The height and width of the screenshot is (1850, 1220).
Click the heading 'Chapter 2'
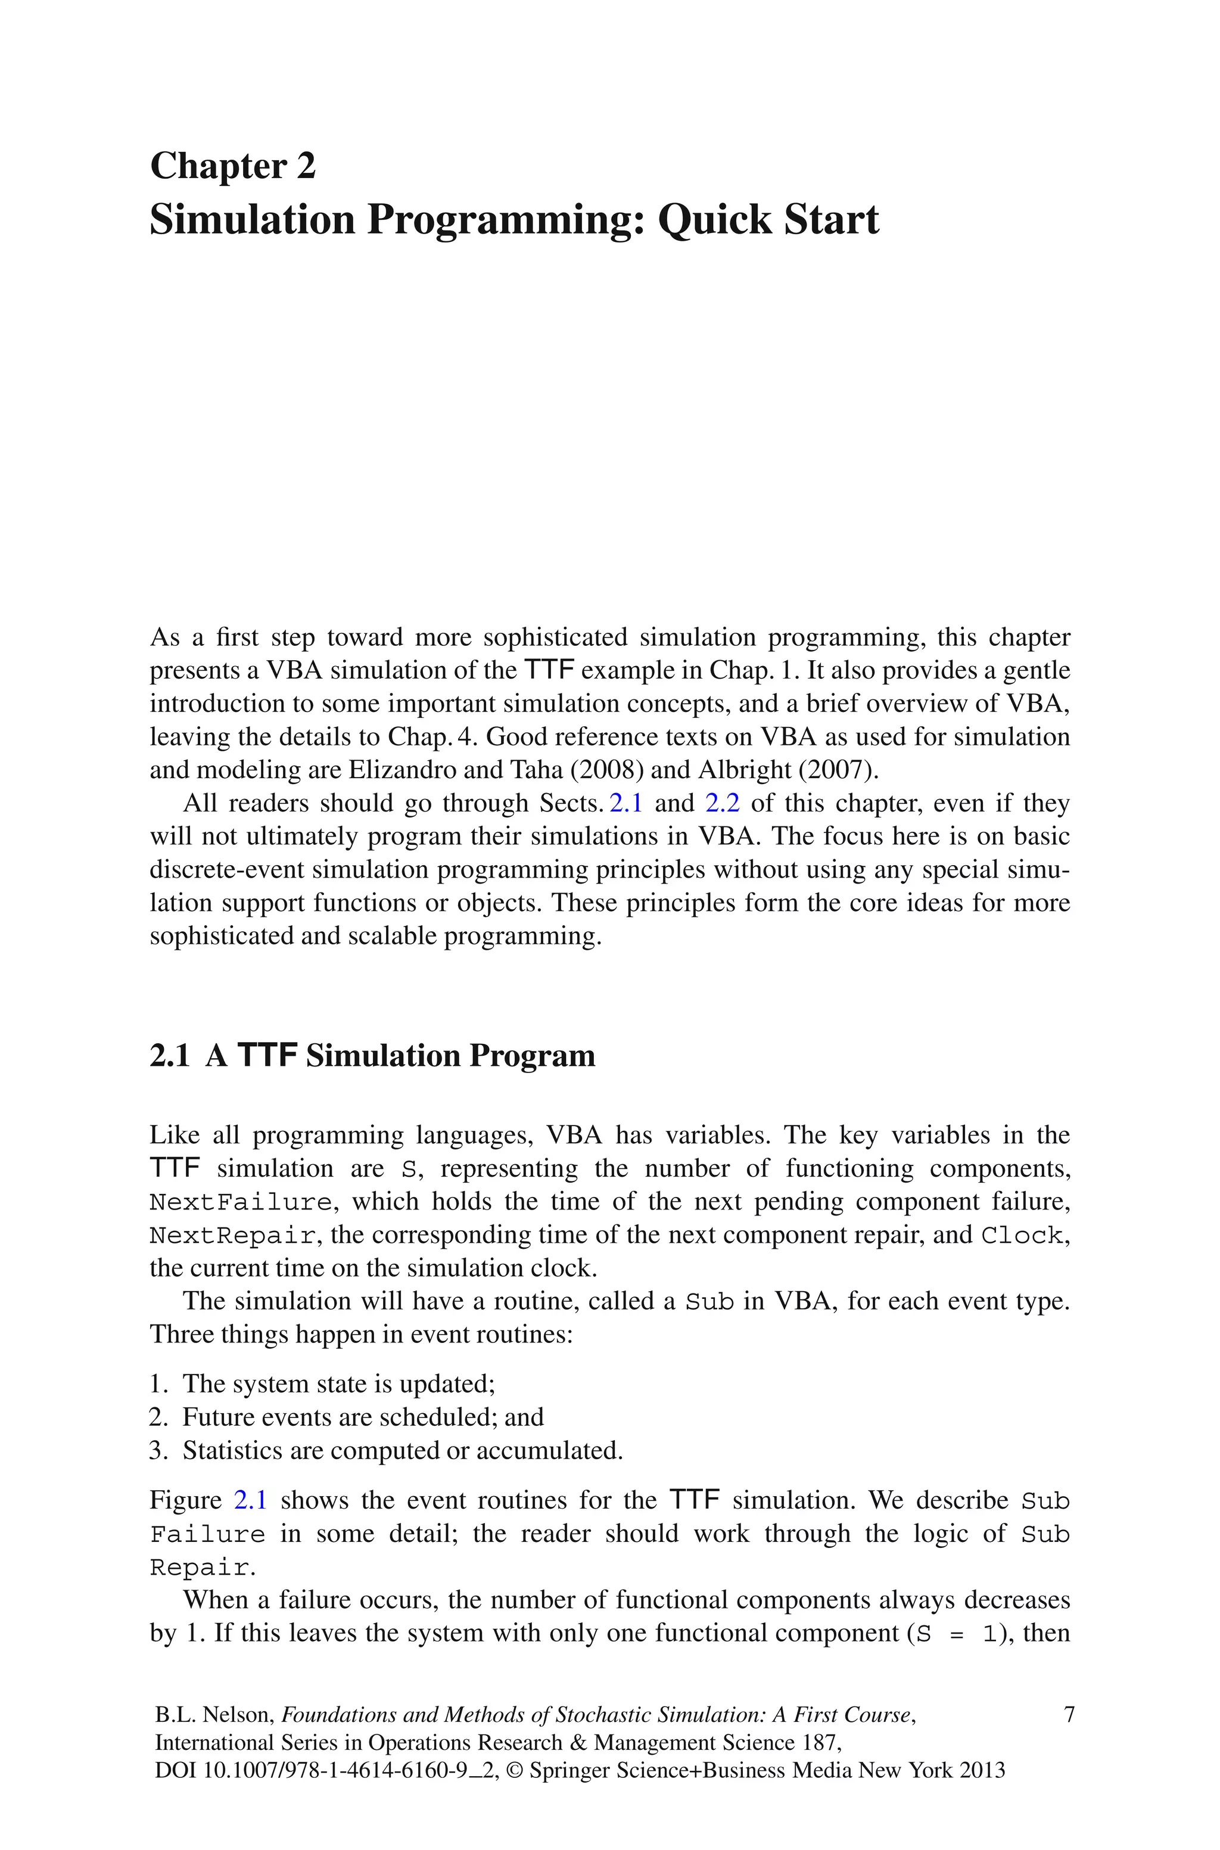(233, 166)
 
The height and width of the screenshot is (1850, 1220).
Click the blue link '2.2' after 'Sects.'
(721, 803)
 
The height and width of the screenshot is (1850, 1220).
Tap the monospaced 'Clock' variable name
(1022, 1235)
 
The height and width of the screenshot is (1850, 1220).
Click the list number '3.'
(158, 1451)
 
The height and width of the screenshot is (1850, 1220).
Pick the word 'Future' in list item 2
(218, 1417)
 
